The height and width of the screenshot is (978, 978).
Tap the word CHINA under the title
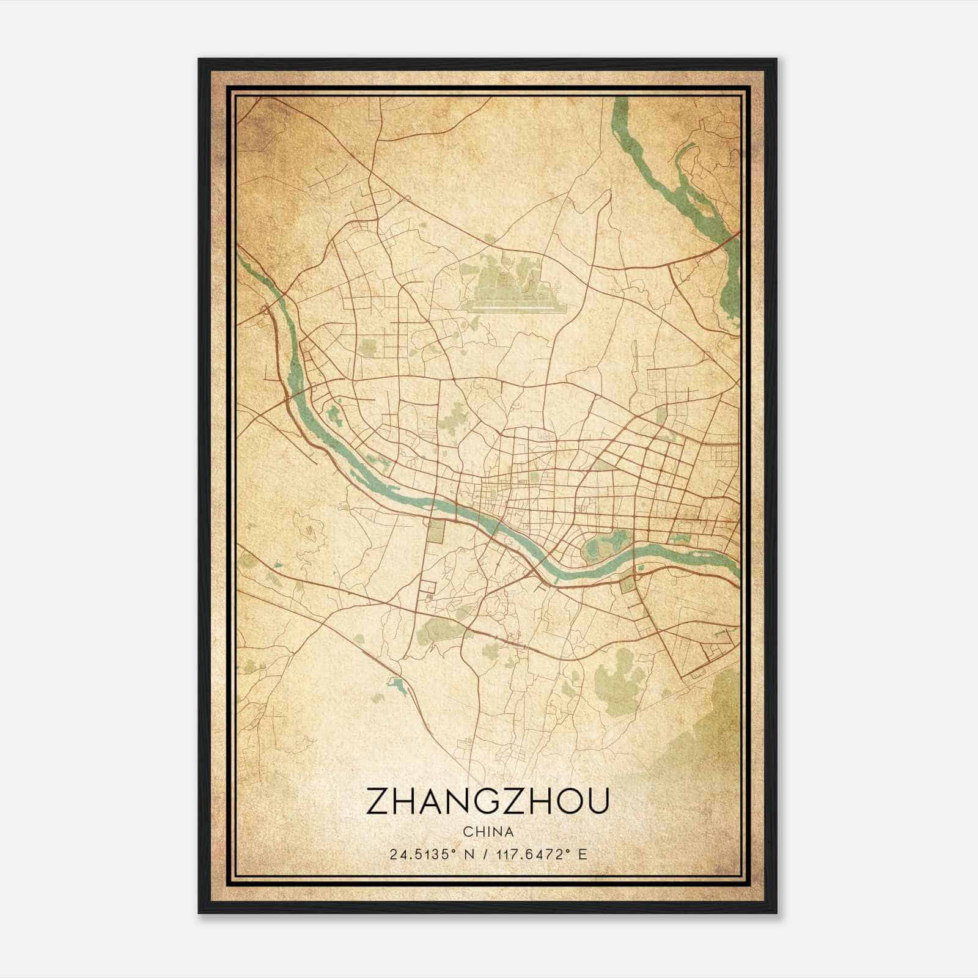[x=488, y=831]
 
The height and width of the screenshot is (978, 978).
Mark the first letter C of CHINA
[x=468, y=831]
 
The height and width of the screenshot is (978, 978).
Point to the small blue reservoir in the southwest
[x=397, y=686]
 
